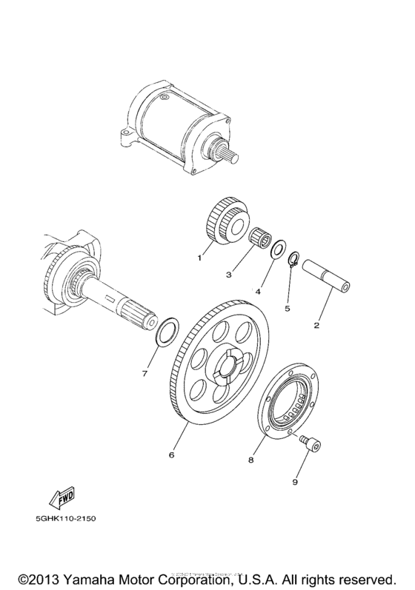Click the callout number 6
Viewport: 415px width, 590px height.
click(171, 454)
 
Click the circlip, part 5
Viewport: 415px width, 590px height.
click(293, 259)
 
